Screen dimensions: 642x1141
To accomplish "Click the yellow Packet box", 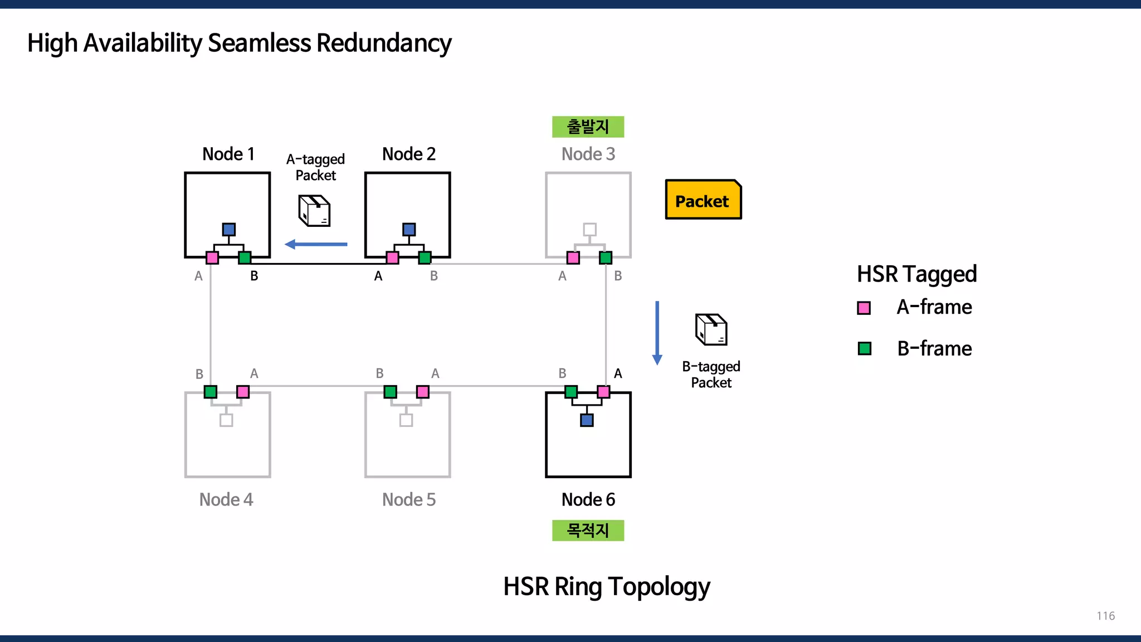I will tap(703, 200).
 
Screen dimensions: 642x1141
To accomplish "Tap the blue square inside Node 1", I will tap(228, 229).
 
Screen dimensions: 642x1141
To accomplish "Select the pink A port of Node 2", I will tap(392, 257).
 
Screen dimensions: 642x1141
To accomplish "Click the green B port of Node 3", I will tap(606, 257).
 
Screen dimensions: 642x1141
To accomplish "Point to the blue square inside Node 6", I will tap(587, 420).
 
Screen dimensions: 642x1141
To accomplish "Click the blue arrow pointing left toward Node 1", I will tap(316, 244).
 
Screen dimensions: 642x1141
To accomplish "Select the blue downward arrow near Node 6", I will tap(657, 333).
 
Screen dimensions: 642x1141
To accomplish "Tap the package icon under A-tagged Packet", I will tap(314, 211).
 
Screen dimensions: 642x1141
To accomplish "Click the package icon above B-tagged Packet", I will tap(711, 329).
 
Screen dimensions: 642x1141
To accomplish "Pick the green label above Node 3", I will tap(588, 127).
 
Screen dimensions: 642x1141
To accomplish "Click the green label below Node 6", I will tap(588, 530).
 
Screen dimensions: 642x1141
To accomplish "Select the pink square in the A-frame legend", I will tap(864, 308).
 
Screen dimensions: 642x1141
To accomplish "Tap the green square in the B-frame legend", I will tap(864, 349).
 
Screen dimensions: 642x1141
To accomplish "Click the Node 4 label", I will tap(226, 499).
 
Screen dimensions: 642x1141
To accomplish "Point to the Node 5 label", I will tap(409, 499).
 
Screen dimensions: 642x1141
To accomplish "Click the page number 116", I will tap(1105, 616).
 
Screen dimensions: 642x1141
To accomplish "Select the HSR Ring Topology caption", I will tap(607, 586).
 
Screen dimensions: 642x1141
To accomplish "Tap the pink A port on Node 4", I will tap(243, 392).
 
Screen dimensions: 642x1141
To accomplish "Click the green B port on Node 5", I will tap(391, 392).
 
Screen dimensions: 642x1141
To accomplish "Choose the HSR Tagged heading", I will tap(916, 274).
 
